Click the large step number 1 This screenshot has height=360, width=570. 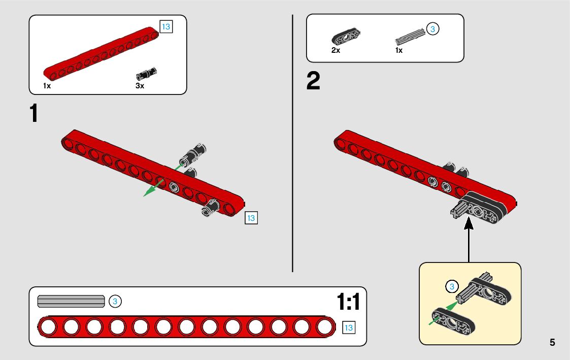point(33,113)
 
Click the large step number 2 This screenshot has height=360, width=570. point(313,82)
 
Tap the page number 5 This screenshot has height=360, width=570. point(552,342)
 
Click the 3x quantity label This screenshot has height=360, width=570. point(140,86)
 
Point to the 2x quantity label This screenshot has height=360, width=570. point(336,50)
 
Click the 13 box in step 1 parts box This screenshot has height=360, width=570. point(166,27)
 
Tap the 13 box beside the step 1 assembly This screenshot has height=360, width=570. point(251,218)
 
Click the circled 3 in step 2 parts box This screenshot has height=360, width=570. point(432,29)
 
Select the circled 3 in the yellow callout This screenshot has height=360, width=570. point(452,286)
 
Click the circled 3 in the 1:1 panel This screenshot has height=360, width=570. point(115,301)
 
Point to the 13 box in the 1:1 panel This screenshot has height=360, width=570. point(349,328)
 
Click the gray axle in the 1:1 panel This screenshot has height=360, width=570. point(71,301)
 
